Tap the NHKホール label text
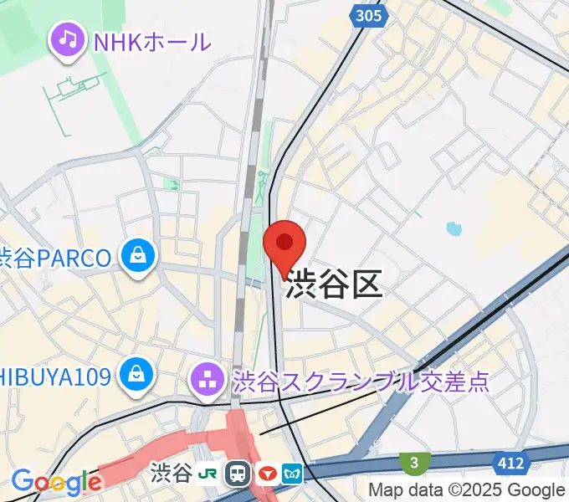[x=152, y=39]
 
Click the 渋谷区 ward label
[x=334, y=286]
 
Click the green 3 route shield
[x=412, y=462]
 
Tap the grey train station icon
[x=239, y=474]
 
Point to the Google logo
[x=55, y=482]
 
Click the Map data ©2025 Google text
[x=467, y=490]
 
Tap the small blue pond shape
[x=454, y=228]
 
